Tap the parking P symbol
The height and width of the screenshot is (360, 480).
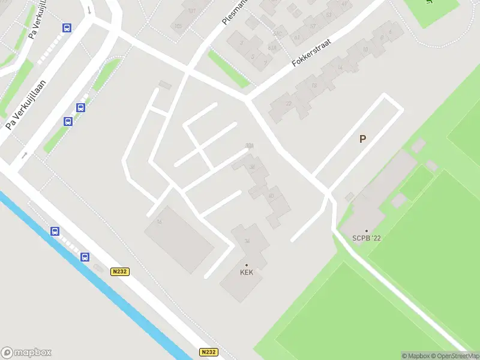coord(362,139)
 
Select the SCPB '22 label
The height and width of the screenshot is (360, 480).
coord(367,238)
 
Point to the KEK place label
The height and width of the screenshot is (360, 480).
coord(247,272)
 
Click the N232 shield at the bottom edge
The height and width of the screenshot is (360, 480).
coord(208,352)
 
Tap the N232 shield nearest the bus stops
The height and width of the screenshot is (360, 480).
coord(120,272)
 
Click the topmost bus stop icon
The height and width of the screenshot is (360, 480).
coord(67,28)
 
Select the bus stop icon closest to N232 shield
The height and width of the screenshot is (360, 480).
coord(85,257)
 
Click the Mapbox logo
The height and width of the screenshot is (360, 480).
coord(26,352)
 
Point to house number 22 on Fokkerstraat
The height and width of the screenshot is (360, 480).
coord(289,104)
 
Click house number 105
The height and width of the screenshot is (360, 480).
coord(178,26)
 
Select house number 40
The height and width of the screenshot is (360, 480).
coord(271,196)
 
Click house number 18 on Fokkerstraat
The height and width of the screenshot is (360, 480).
coord(314,86)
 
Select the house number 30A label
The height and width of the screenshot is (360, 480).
coord(249,146)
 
